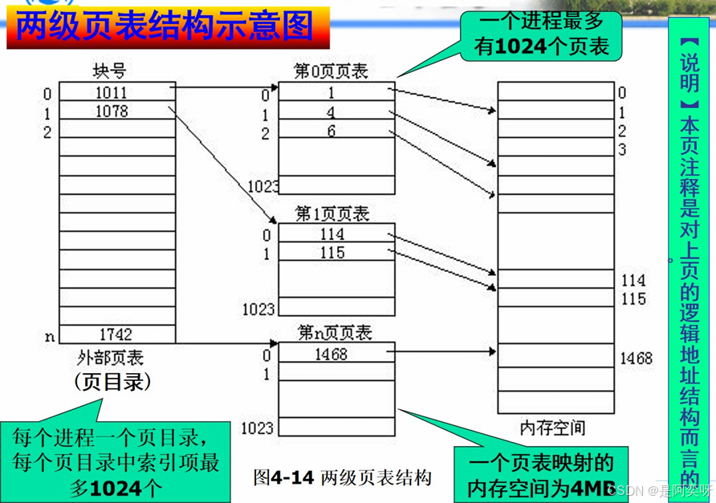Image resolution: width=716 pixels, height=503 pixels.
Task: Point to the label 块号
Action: (x=110, y=71)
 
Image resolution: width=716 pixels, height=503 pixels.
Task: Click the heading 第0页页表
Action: (x=331, y=71)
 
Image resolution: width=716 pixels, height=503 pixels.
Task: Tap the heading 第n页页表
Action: (x=332, y=332)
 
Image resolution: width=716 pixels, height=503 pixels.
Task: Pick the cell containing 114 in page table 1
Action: (x=331, y=234)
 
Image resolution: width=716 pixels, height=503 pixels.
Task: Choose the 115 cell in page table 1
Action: (x=331, y=253)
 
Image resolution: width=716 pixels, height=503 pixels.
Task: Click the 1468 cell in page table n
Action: (x=331, y=352)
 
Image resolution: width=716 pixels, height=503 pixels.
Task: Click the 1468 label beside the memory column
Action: (x=637, y=359)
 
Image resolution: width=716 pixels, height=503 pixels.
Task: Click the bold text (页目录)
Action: (x=112, y=382)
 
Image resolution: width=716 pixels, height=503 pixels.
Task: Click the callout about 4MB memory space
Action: (x=542, y=475)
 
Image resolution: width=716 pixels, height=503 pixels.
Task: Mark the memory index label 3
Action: (x=622, y=150)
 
